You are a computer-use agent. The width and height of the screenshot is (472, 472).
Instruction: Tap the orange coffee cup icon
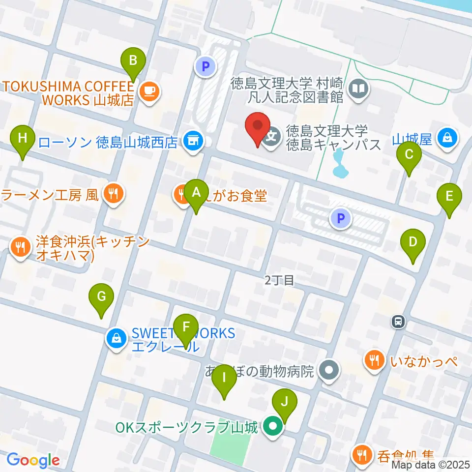click(149, 90)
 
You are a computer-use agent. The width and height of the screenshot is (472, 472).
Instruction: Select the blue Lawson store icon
click(192, 141)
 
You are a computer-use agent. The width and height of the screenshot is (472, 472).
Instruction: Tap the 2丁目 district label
click(279, 280)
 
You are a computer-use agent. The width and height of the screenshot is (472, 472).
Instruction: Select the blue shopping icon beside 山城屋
click(448, 138)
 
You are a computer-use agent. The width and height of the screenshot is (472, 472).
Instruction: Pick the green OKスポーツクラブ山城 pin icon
click(272, 426)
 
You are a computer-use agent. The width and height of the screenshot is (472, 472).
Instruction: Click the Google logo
click(33, 461)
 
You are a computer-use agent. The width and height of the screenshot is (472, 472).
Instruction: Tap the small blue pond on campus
click(339, 165)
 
